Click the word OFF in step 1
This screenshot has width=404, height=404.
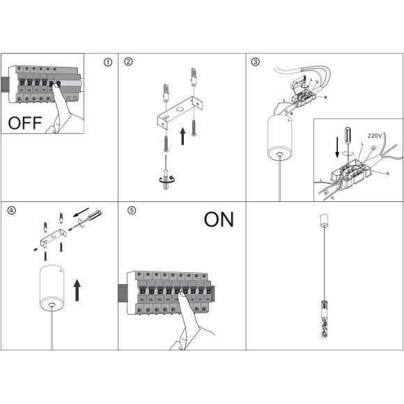[x=25, y=123]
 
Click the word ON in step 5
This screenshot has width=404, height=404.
[x=219, y=219]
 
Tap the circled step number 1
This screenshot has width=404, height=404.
[x=108, y=62]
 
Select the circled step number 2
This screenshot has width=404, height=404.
[x=128, y=62]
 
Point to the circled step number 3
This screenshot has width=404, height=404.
[x=256, y=62]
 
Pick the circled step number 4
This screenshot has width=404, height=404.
[x=12, y=210]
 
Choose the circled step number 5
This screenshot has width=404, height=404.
[x=132, y=210]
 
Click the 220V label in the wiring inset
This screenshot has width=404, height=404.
[x=375, y=136]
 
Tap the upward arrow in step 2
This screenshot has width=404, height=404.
[x=182, y=136]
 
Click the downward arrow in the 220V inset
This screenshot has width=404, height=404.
[x=337, y=148]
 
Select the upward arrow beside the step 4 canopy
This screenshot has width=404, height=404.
[x=77, y=290]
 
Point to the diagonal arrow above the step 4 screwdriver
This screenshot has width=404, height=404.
[x=81, y=212]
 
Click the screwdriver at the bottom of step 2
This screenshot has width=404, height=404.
[x=166, y=172]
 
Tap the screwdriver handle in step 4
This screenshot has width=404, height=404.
[x=95, y=215]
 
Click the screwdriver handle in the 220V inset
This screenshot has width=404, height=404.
[x=348, y=134]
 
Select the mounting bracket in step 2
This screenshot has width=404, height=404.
[x=180, y=112]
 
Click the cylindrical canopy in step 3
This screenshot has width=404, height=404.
[x=279, y=138]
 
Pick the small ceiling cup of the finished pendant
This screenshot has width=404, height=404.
[x=324, y=221]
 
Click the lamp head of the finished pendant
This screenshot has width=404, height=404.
[x=324, y=319]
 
